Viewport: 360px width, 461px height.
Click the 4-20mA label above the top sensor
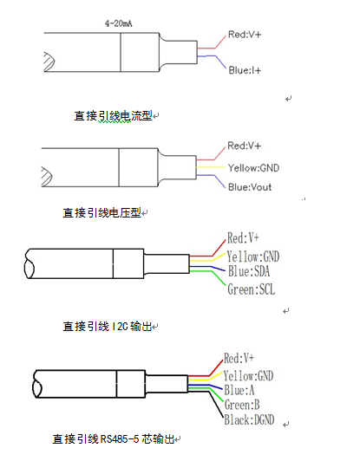[x=118, y=23]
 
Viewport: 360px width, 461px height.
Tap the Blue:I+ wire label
[x=245, y=70]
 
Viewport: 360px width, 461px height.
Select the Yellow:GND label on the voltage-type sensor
[x=253, y=168]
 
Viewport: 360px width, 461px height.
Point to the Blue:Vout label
[x=250, y=187]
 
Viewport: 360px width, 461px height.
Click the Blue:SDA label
[x=249, y=271]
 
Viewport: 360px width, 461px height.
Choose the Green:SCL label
[x=251, y=289]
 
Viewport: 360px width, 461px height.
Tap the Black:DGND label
[x=249, y=419]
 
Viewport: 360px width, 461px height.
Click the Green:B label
[x=242, y=405]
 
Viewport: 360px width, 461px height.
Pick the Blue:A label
[x=239, y=390]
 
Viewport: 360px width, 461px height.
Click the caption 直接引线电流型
[x=113, y=116]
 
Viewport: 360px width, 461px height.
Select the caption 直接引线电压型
[x=101, y=213]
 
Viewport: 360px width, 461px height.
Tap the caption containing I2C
[x=108, y=327]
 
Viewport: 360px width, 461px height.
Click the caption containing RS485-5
[x=114, y=439]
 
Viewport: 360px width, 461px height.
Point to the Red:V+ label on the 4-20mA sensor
[x=245, y=35]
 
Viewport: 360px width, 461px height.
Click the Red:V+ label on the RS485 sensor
[x=239, y=358]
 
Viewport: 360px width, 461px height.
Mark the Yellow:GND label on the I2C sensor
[x=252, y=256]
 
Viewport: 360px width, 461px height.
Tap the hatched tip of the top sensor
[x=49, y=62]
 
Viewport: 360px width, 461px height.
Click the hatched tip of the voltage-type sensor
[x=47, y=177]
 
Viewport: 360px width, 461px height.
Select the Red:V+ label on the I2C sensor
[x=243, y=237]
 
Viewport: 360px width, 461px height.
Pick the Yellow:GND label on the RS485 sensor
[x=248, y=376]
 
